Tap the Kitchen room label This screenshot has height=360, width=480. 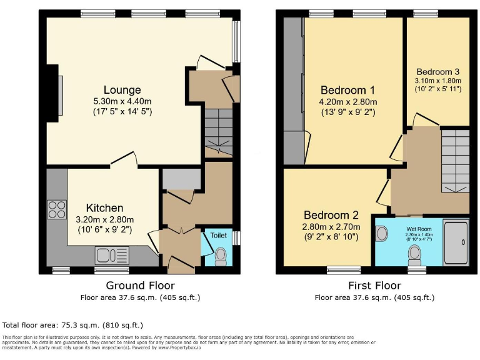(104, 207)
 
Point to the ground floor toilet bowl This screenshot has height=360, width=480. (219, 256)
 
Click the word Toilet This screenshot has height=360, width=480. (219, 236)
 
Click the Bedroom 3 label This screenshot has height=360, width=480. (437, 71)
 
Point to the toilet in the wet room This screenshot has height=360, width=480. (414, 253)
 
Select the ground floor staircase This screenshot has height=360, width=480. (218, 131)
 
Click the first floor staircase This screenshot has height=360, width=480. (455, 159)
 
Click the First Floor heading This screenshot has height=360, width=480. (374, 286)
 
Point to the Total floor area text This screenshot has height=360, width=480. (72, 325)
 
